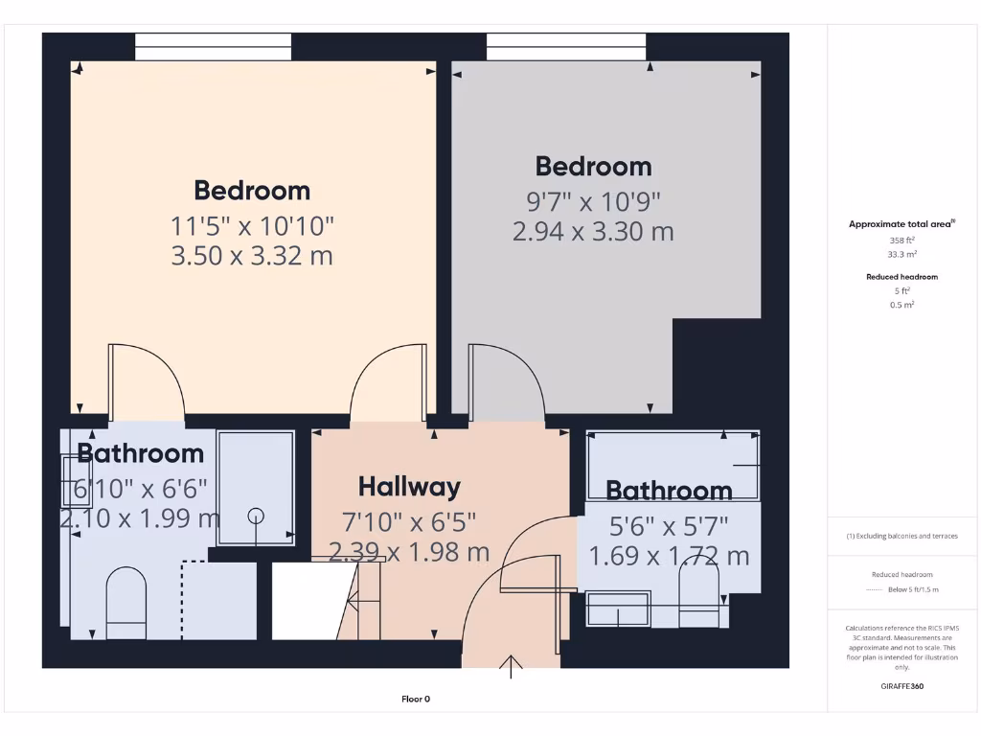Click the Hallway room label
coord(409,487)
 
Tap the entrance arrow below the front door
coord(512,666)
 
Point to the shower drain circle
coord(256,517)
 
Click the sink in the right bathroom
coord(618,609)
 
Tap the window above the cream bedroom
coord(213,46)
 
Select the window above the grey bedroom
coord(565,46)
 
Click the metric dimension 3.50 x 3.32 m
coord(252,256)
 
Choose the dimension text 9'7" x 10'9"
coord(593,201)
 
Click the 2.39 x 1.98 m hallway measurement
coord(409,552)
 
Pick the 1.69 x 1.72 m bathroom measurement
coord(669,556)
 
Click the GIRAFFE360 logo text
coord(902,686)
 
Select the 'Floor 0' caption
coord(416,699)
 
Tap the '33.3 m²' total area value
coord(902,255)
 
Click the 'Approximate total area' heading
coord(901,223)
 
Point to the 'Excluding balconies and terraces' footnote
coord(901,536)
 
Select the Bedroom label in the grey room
coord(593,166)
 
